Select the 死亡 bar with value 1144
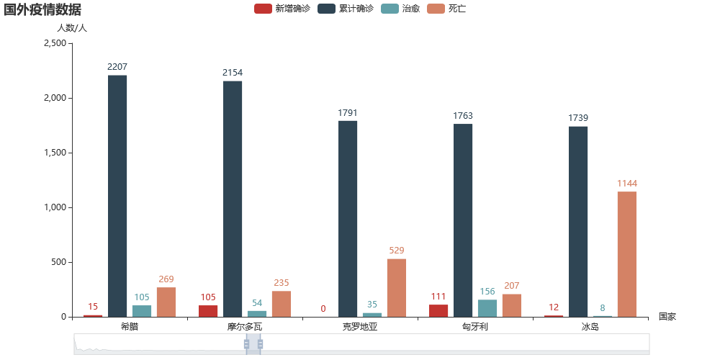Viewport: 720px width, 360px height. [626, 254]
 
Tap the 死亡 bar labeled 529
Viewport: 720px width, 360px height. [396, 287]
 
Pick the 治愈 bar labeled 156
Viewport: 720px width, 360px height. [487, 308]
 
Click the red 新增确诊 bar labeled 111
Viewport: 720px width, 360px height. [438, 310]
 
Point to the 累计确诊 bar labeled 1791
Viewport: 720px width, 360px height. [348, 218]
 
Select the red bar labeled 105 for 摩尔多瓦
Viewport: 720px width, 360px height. [208, 311]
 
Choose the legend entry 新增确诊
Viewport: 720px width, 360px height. [282, 9]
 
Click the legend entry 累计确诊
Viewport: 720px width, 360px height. [345, 9]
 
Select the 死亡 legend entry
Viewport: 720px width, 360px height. [446, 9]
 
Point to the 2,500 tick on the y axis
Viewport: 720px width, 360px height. [55, 43]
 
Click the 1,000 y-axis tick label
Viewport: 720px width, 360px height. [55, 207]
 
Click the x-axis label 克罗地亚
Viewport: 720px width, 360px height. [360, 327]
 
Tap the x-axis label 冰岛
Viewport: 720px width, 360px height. [590, 327]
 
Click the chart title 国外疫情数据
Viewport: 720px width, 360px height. [42, 10]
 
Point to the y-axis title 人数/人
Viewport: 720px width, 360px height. [72, 28]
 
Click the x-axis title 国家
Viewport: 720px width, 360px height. [667, 317]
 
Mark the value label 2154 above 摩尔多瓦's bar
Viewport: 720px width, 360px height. [233, 73]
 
